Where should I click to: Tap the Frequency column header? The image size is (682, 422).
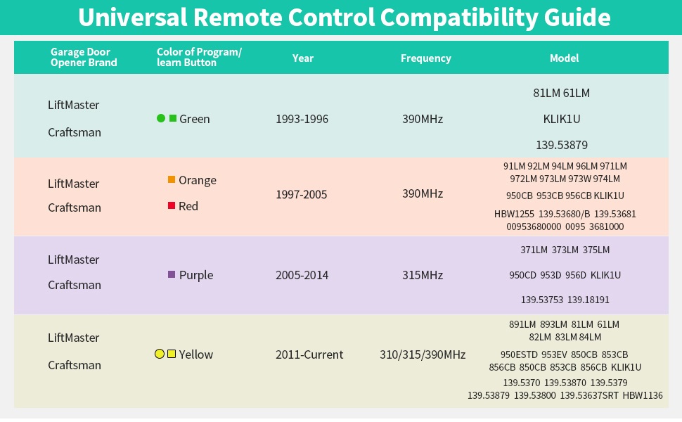pyautogui.click(x=426, y=58)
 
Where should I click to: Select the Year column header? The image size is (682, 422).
pyautogui.click(x=303, y=58)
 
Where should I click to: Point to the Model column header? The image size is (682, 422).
pyautogui.click(x=564, y=58)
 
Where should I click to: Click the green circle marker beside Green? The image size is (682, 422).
pyautogui.click(x=161, y=118)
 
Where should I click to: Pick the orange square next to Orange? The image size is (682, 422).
pyautogui.click(x=172, y=179)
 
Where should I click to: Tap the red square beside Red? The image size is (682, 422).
pyautogui.click(x=172, y=205)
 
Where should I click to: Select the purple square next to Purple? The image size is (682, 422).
pyautogui.click(x=172, y=274)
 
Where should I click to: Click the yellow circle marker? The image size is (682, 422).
pyautogui.click(x=160, y=354)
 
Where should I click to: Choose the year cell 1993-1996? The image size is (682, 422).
pyautogui.click(x=302, y=119)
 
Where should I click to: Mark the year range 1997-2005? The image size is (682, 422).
pyautogui.click(x=302, y=194)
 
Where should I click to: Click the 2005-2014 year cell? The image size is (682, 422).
pyautogui.click(x=302, y=276)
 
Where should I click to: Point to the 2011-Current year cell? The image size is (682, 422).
pyautogui.click(x=309, y=354)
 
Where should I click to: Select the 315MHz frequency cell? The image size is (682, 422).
pyautogui.click(x=423, y=276)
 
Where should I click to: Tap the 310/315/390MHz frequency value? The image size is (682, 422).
pyautogui.click(x=423, y=354)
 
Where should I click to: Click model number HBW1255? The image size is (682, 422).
pyautogui.click(x=514, y=214)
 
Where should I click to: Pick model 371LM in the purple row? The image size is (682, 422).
pyautogui.click(x=534, y=250)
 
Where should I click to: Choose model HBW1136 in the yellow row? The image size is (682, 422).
pyautogui.click(x=643, y=395)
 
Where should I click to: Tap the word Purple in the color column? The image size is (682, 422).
pyautogui.click(x=196, y=276)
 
